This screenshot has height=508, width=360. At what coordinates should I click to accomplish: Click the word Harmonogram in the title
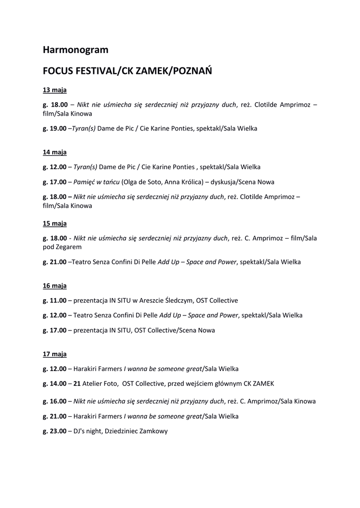click(x=75, y=50)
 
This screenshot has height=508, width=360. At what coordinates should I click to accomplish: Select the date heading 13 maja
click(x=55, y=90)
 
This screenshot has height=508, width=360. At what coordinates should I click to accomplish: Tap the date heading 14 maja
click(x=55, y=152)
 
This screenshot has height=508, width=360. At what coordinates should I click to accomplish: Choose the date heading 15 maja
click(x=55, y=223)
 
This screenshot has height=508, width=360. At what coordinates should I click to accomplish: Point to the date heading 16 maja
click(x=55, y=286)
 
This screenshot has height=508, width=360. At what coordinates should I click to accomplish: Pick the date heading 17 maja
click(x=55, y=354)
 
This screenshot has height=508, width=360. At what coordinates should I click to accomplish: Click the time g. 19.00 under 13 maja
click(x=55, y=128)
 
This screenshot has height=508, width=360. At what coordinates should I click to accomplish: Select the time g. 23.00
click(x=55, y=431)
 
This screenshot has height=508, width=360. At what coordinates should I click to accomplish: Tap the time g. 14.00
click(x=55, y=383)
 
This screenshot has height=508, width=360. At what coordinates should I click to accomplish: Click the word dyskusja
click(x=226, y=182)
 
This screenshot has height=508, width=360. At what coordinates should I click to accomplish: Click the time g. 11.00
click(x=55, y=301)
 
